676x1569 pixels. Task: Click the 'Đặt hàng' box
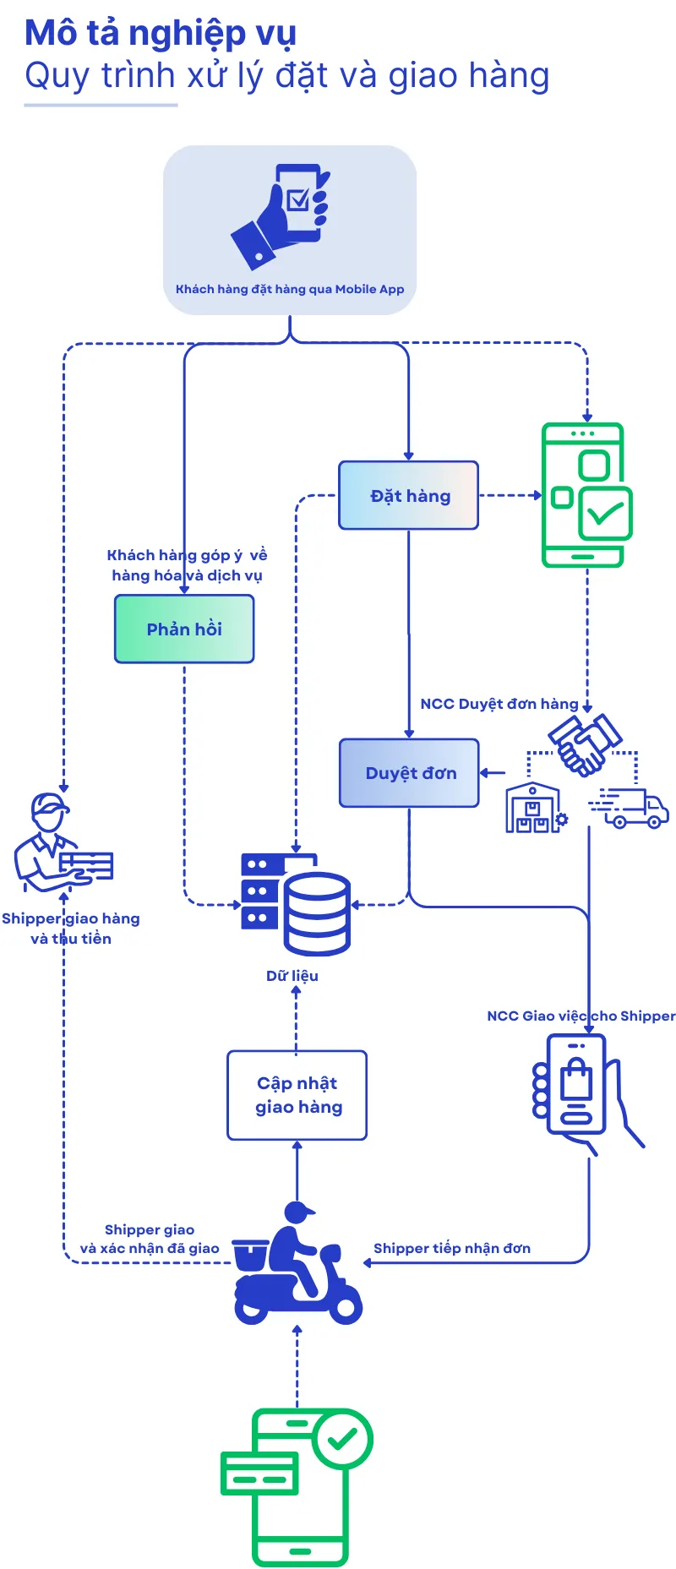[x=409, y=496]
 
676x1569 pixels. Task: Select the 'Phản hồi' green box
[x=184, y=629]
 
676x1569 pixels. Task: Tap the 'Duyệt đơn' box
[x=410, y=773]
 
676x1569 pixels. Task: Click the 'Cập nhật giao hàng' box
[x=297, y=1095]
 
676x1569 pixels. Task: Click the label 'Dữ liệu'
[x=292, y=976]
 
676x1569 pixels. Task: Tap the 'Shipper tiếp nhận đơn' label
[x=452, y=1248]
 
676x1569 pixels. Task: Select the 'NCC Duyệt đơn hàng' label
[x=499, y=704]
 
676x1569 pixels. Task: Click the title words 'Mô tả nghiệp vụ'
[x=161, y=34]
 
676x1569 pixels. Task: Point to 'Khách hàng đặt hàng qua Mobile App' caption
[x=290, y=289]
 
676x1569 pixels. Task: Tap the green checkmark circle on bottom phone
[x=342, y=1439]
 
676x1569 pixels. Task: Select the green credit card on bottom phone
[x=259, y=1473]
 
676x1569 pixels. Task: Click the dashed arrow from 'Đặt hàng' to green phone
[x=510, y=496]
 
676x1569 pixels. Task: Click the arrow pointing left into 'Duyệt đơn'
[x=493, y=772]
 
